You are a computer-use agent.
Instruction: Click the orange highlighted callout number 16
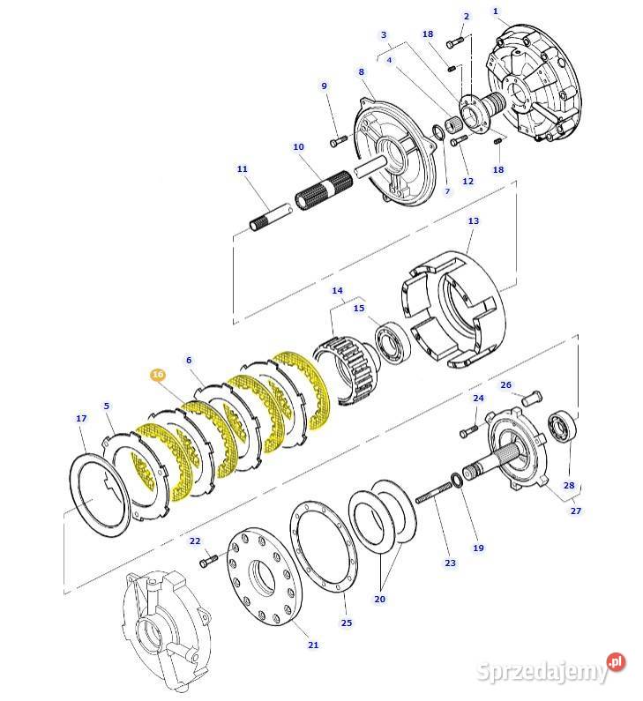coord(157,375)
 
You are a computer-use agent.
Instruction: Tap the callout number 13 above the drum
coord(473,221)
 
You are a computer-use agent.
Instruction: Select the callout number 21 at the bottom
coord(313,645)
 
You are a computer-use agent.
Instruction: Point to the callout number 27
coord(576,511)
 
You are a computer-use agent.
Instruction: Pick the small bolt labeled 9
coord(336,140)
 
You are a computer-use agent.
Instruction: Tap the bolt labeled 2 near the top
coord(456,41)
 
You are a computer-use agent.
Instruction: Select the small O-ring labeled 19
coord(456,480)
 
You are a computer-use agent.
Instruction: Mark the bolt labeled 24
coord(468,431)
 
